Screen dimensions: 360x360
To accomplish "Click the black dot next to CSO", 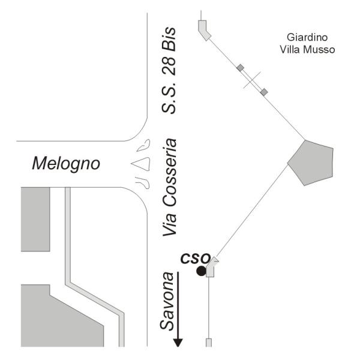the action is (x=201, y=271).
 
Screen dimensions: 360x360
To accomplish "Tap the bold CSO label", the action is (x=196, y=258).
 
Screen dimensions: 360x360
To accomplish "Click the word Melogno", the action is (x=66, y=164).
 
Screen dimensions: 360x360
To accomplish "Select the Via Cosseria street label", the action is (x=170, y=187).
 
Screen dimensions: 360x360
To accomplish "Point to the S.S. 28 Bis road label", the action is (x=169, y=70).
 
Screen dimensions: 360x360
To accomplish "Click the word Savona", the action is (x=167, y=301).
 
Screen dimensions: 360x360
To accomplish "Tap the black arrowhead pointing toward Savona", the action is (x=178, y=343).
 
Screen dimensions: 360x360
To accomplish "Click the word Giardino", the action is (x=307, y=38).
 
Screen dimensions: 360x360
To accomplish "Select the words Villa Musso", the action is (x=307, y=50).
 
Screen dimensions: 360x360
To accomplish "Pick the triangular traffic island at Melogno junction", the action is (x=142, y=164).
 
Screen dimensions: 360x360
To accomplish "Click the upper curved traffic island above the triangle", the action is (x=144, y=146).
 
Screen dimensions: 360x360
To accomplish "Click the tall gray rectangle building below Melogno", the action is (x=35, y=219).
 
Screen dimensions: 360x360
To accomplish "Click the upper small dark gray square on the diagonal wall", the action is (x=240, y=68).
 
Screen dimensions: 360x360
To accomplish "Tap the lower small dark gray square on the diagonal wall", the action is (x=264, y=92).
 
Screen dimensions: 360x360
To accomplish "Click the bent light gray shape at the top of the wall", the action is (x=203, y=29).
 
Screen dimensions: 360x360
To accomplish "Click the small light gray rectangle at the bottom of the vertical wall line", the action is (x=209, y=343).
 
